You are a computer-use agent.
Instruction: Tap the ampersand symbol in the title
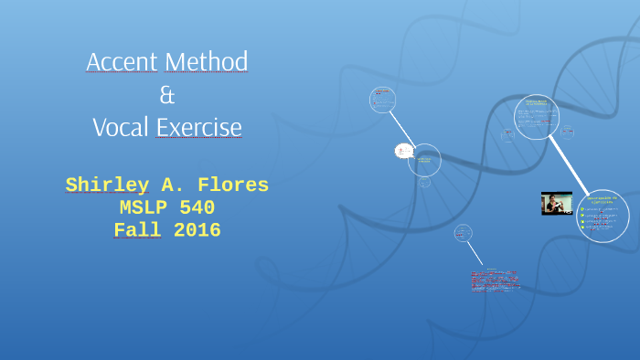tap(166, 94)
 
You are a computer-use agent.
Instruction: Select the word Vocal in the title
tap(121, 127)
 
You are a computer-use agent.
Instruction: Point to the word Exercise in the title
tap(199, 127)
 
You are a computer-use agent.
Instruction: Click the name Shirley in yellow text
tap(107, 185)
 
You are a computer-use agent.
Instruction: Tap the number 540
tap(197, 208)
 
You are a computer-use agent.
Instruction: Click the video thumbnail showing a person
tap(557, 203)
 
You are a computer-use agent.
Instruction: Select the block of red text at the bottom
tap(495, 280)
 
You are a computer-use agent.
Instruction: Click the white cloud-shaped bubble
tap(402, 151)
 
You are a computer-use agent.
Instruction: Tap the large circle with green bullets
tap(603, 216)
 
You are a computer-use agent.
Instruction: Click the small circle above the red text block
tap(464, 233)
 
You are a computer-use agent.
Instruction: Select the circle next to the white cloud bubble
tap(424, 161)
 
